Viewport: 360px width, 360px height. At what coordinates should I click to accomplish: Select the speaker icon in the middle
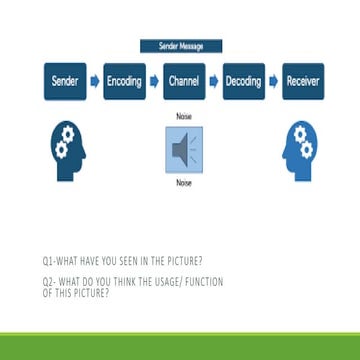182,150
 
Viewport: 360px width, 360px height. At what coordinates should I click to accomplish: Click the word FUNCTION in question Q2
205,282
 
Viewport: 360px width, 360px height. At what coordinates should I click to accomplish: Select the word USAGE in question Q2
171,282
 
